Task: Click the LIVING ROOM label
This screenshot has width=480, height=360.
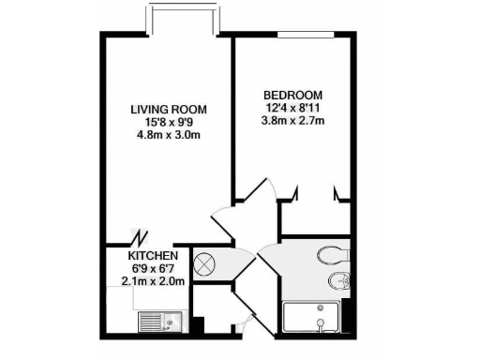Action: pos(169,110)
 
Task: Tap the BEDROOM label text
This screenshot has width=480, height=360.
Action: pos(292,96)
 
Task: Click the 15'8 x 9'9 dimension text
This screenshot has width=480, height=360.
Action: pos(169,123)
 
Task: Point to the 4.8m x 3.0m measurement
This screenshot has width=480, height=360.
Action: pos(169,136)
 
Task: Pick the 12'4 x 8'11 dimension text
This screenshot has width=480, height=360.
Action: pos(292,109)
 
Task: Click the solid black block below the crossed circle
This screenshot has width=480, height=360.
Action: pos(198,324)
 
